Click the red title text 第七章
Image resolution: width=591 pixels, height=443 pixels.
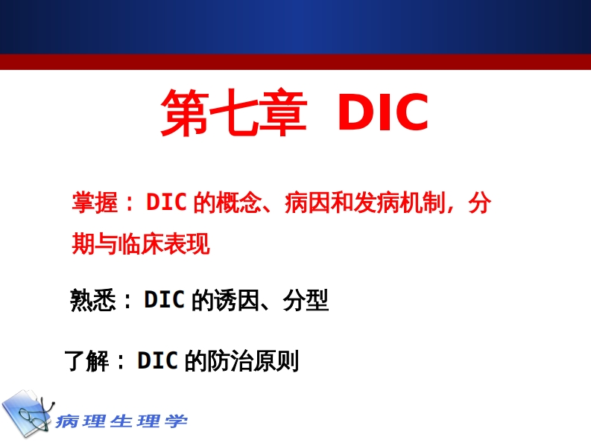(x=233, y=113)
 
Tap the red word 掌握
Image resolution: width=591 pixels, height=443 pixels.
(x=95, y=203)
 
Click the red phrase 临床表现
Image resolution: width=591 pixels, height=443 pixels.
(x=164, y=244)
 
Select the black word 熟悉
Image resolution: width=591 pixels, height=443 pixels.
(x=92, y=300)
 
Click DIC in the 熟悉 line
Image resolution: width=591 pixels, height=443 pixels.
(x=165, y=300)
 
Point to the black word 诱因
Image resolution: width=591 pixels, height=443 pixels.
(x=236, y=300)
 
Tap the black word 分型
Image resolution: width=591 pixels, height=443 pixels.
(x=306, y=300)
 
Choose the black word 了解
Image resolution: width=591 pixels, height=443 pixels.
(x=87, y=361)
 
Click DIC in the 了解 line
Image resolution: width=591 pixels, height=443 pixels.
(x=157, y=361)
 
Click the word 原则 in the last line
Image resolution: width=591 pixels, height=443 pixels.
(x=276, y=361)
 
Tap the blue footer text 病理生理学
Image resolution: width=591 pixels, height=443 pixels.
(x=121, y=421)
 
